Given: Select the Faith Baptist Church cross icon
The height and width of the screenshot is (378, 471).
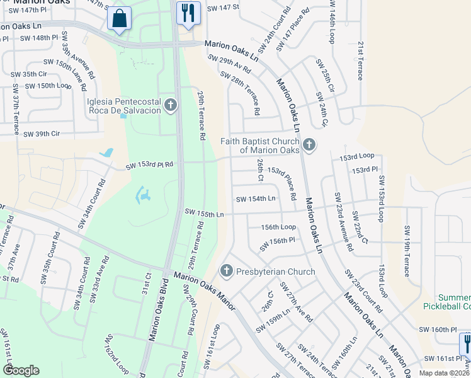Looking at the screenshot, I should point(309,146).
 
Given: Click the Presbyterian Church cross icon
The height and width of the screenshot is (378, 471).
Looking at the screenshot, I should point(227,272).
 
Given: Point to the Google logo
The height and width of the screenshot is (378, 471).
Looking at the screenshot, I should point(21,370).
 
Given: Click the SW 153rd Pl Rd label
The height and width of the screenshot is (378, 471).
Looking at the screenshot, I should point(149,166).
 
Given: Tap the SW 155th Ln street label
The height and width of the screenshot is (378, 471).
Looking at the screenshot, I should point(204,214).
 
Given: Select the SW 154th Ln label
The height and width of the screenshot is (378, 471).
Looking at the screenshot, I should point(256,199).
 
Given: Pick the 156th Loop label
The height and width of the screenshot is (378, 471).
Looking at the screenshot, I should point(278,227).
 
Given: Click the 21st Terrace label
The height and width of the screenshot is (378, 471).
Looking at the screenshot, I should point(360,61).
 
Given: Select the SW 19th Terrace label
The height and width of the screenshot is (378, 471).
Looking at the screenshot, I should point(406,251).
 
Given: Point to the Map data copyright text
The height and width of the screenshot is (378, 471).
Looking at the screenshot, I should point(443,372).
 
